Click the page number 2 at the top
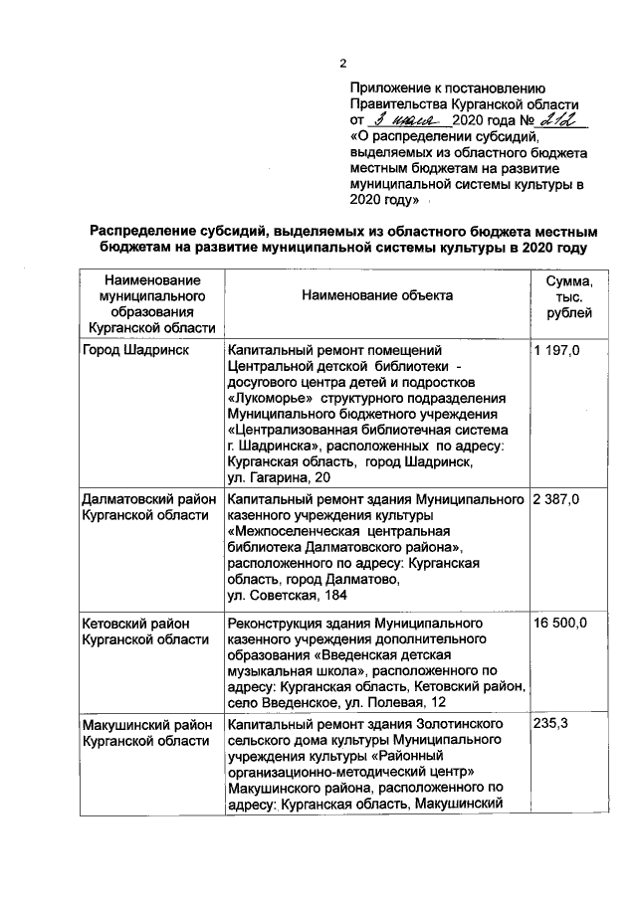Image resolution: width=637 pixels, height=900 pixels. click(342, 65)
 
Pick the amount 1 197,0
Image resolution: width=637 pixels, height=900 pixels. click(557, 351)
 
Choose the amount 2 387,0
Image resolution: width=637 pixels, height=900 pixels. click(557, 497)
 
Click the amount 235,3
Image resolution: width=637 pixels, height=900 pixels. click(550, 723)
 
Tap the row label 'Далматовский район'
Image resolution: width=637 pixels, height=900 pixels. click(148, 497)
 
